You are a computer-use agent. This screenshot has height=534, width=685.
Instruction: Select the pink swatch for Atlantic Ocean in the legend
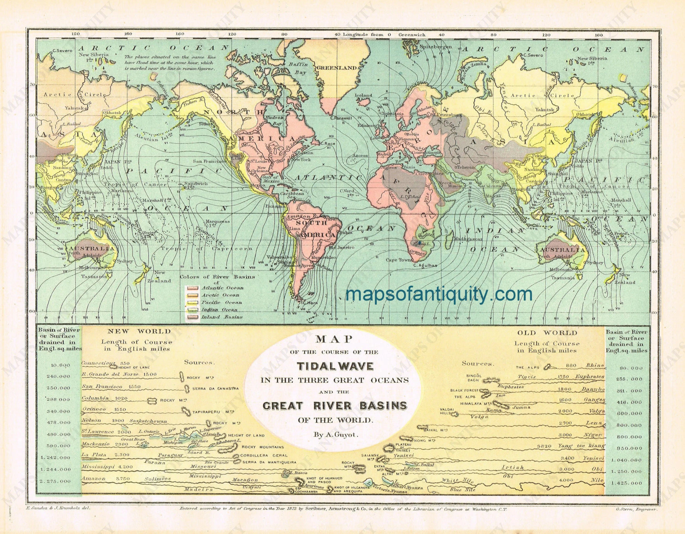[x=192, y=288]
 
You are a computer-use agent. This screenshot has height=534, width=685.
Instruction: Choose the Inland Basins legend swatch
[x=192, y=317]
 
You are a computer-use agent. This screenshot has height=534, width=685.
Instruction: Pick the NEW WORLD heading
[x=140, y=331]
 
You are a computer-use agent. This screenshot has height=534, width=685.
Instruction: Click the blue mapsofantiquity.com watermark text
[x=439, y=295]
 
